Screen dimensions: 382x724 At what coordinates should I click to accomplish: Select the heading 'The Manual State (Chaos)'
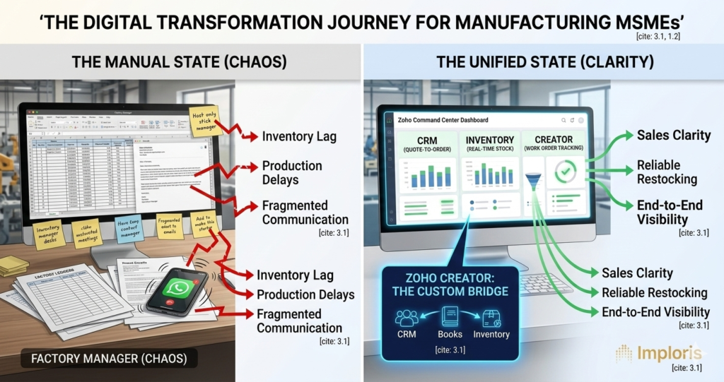pyautogui.click(x=179, y=61)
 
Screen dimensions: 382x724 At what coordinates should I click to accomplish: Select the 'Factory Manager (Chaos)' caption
pyautogui.click(x=109, y=359)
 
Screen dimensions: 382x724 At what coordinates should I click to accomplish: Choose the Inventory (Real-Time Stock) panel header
pyautogui.click(x=490, y=144)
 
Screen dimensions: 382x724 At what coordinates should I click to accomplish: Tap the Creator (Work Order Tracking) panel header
pyautogui.click(x=554, y=144)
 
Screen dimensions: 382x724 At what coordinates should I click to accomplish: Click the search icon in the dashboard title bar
pyautogui.click(x=563, y=121)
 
